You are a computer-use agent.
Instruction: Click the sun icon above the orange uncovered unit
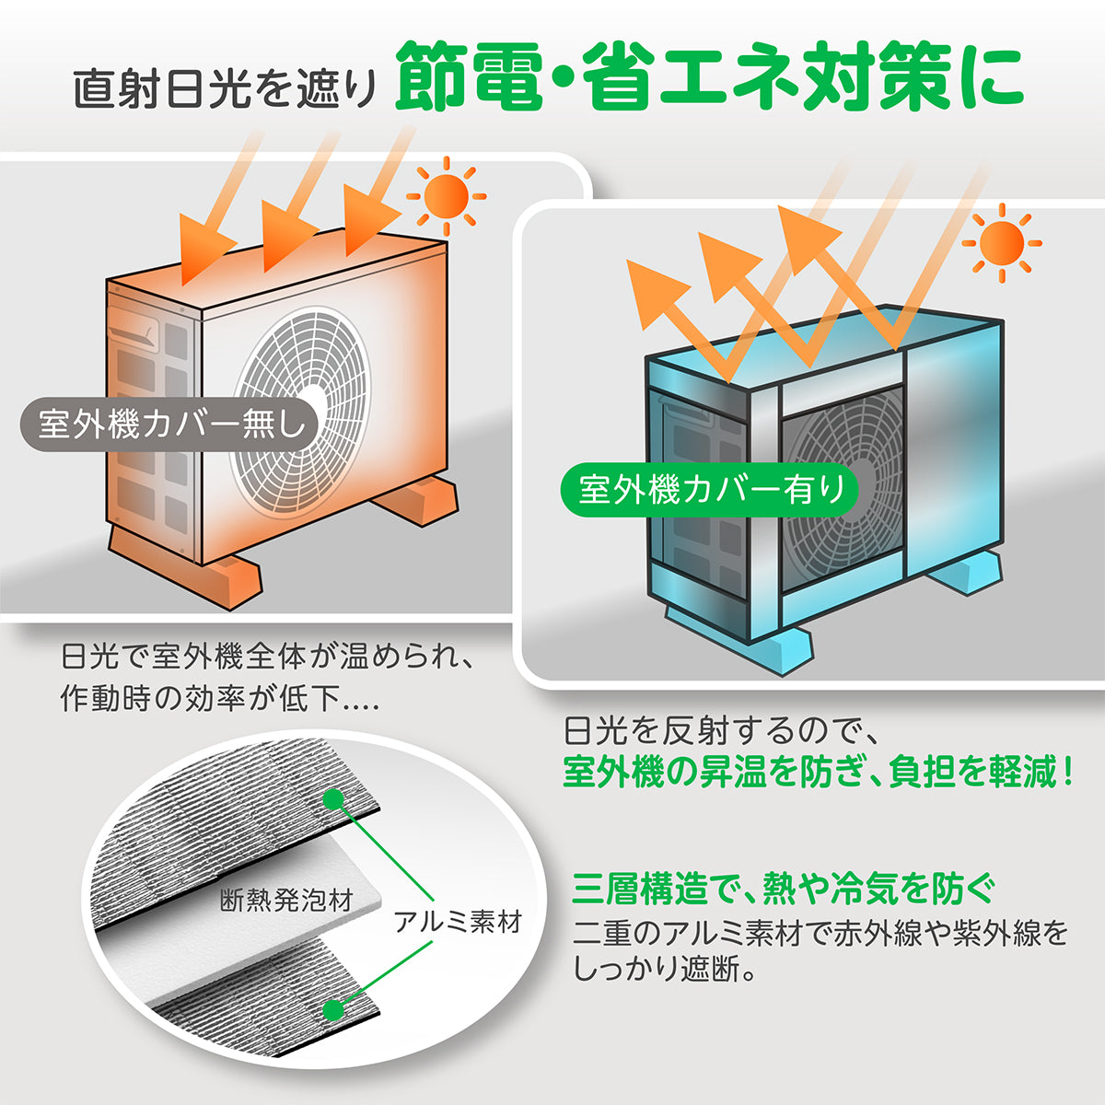(447, 196)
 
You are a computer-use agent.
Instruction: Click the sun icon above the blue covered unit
(1001, 244)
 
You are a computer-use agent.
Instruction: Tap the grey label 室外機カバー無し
(170, 425)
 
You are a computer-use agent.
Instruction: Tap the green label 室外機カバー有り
(710, 489)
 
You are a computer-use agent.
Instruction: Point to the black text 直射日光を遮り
(226, 93)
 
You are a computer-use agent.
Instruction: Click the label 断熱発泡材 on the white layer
(286, 900)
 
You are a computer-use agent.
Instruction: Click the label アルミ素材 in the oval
(458, 922)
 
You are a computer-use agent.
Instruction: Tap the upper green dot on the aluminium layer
(333, 797)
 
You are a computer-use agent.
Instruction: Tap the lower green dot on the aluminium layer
(333, 1010)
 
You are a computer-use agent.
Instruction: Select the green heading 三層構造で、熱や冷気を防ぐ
(783, 889)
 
